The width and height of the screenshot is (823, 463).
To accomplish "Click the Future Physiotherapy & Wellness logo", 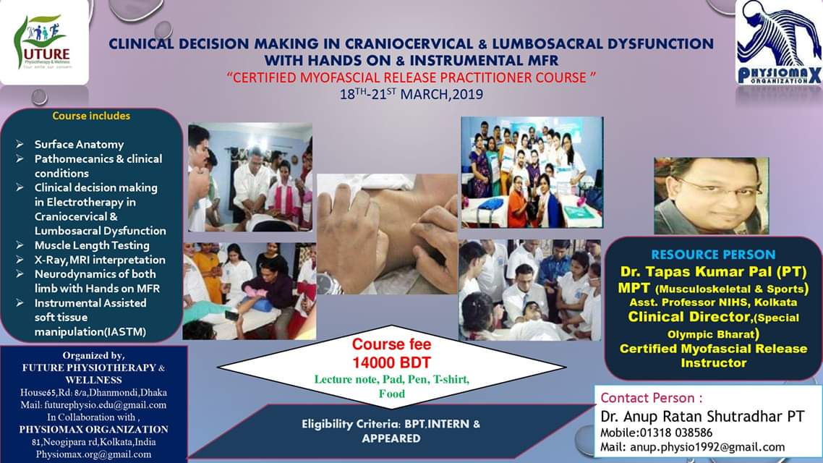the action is click(x=44, y=42).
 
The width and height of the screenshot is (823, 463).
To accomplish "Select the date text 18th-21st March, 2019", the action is click(x=412, y=95).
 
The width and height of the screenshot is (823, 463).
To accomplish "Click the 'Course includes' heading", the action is click(x=91, y=116).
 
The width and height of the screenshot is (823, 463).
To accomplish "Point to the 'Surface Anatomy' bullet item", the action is click(x=80, y=145).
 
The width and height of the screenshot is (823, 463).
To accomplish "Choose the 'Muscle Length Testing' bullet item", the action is click(x=92, y=245).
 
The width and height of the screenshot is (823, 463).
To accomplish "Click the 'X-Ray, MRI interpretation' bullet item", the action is click(x=100, y=260).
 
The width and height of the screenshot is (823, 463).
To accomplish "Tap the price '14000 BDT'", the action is click(x=391, y=362).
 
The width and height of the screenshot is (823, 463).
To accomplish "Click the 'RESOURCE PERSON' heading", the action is click(x=713, y=255).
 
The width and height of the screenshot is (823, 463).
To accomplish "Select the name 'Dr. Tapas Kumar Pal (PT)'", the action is click(x=713, y=271).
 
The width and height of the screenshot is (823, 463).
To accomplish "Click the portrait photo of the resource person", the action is click(x=711, y=196).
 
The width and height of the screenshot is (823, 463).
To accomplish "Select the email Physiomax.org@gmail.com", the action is click(x=93, y=454).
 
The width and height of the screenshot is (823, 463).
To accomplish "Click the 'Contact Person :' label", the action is click(x=652, y=398).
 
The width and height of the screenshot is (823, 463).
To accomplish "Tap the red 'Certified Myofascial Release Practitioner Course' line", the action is click(x=412, y=77).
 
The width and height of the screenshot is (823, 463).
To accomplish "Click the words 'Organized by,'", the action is click(x=93, y=355).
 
